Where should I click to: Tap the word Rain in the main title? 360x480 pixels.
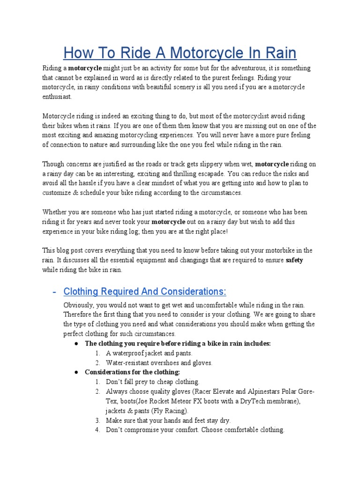277,52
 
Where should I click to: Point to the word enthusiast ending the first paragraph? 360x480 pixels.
57,96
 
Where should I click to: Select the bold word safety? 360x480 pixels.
294,260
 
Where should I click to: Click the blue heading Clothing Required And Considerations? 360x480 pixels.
145,292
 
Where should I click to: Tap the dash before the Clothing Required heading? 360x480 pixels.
54,292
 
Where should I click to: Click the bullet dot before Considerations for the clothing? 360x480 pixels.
76,372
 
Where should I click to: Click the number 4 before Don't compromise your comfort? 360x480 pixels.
97,430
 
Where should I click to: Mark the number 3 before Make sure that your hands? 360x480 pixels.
97,420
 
